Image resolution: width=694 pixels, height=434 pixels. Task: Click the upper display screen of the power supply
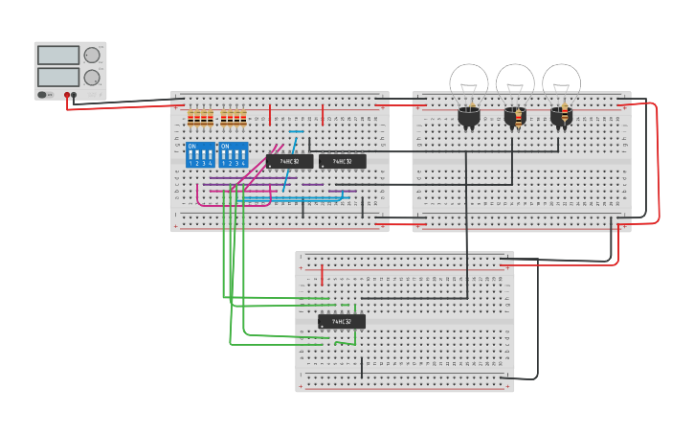click(58, 56)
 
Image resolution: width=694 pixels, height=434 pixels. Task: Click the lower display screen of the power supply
click(58, 77)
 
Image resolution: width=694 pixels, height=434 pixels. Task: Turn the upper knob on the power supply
click(92, 56)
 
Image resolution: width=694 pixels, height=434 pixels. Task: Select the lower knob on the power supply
click(92, 78)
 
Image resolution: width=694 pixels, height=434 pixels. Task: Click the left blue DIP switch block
click(200, 154)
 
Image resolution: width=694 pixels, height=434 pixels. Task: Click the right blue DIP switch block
click(233, 154)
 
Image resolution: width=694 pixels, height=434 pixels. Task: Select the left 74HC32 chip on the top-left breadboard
click(289, 161)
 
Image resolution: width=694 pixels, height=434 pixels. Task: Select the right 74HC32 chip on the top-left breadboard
click(342, 161)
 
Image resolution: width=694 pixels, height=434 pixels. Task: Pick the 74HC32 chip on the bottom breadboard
click(342, 322)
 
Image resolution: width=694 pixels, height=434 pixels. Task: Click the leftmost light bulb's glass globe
click(469, 80)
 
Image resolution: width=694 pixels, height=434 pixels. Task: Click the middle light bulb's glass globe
click(515, 80)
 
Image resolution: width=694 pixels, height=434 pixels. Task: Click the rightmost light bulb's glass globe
click(561, 80)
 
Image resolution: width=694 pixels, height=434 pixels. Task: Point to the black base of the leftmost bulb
click(468, 117)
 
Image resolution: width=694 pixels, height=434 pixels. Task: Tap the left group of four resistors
click(200, 118)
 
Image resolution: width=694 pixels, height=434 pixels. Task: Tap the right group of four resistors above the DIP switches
click(233, 118)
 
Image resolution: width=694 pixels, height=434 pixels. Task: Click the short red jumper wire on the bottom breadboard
click(322, 275)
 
